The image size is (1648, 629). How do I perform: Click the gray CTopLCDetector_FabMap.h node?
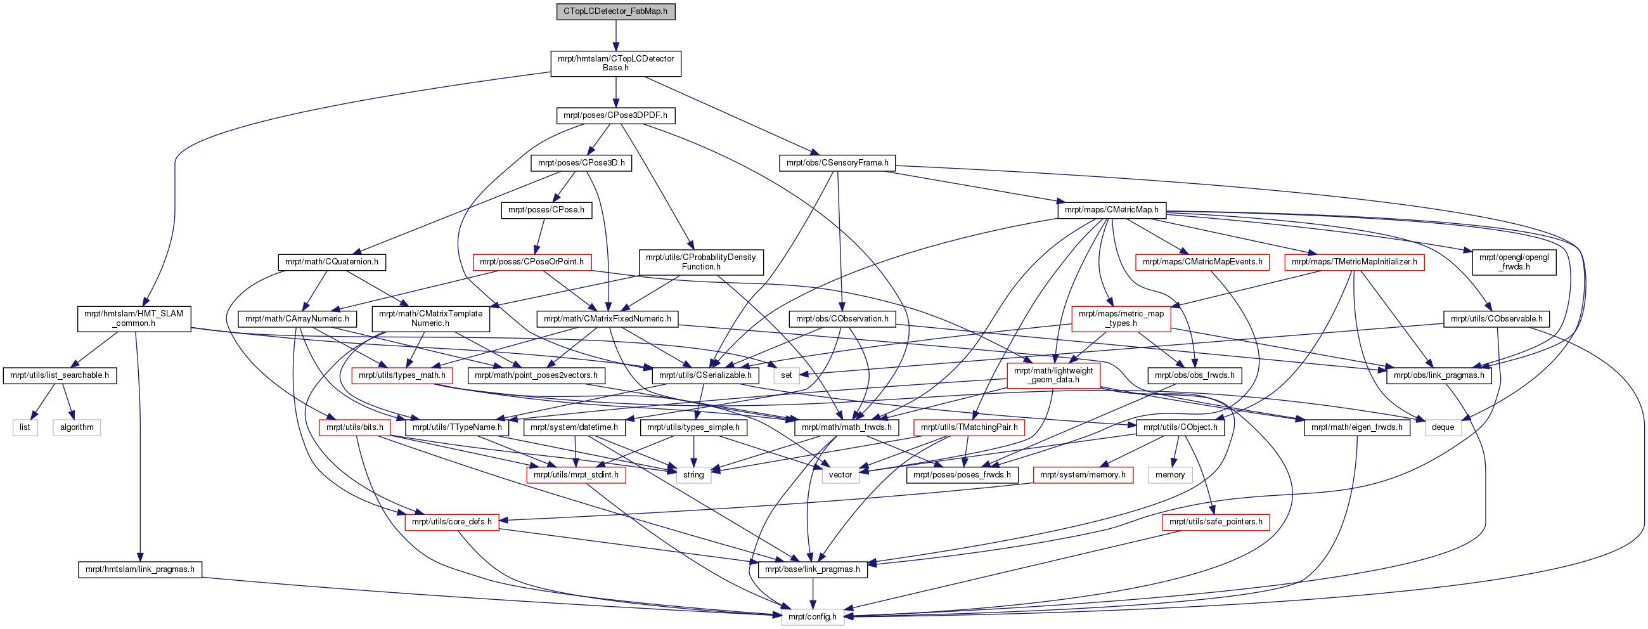pos(615,11)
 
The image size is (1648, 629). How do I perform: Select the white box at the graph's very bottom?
pos(813,617)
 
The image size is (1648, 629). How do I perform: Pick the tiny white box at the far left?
pos(25,427)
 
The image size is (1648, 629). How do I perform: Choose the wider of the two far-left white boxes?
pos(77,427)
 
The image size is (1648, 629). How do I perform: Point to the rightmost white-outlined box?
pos(1443,427)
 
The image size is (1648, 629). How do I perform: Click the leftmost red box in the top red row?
pos(532,263)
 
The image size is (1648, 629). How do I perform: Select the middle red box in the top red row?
pos(1202,263)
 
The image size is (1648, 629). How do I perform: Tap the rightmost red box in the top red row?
pos(1354,263)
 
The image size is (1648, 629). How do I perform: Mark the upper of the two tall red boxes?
pos(1121,319)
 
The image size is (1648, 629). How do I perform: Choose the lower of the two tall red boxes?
pos(1053,375)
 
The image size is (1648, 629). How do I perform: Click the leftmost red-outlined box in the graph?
pos(354,427)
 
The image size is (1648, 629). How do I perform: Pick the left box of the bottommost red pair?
pos(452,522)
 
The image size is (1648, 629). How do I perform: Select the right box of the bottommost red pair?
pos(1216,522)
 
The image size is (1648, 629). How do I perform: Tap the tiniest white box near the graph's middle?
pos(786,375)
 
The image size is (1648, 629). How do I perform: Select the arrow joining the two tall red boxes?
pos(1088,347)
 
